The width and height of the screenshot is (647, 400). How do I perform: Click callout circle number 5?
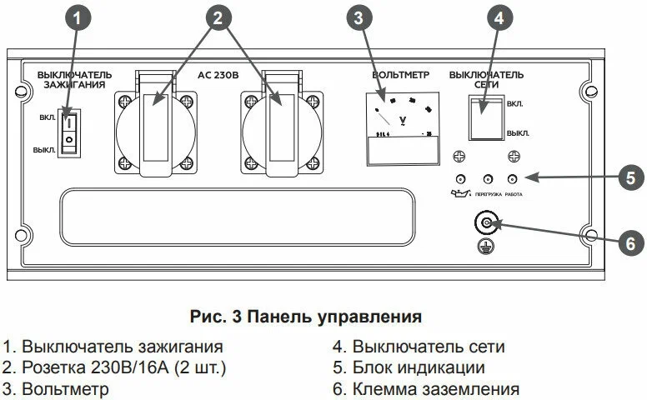(631, 177)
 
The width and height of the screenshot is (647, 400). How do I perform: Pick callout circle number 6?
(631, 242)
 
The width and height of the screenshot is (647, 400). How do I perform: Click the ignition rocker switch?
(70, 132)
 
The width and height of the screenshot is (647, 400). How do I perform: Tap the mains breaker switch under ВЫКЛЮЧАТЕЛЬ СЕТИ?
(485, 117)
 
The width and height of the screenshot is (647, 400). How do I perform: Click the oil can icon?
(458, 194)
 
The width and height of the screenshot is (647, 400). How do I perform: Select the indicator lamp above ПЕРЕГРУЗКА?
(486, 179)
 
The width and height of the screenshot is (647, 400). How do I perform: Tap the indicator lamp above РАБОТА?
(512, 179)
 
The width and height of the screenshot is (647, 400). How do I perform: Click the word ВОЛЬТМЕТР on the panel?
(400, 75)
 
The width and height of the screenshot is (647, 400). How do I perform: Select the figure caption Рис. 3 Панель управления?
(306, 317)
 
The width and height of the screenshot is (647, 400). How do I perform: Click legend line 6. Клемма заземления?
(425, 389)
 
